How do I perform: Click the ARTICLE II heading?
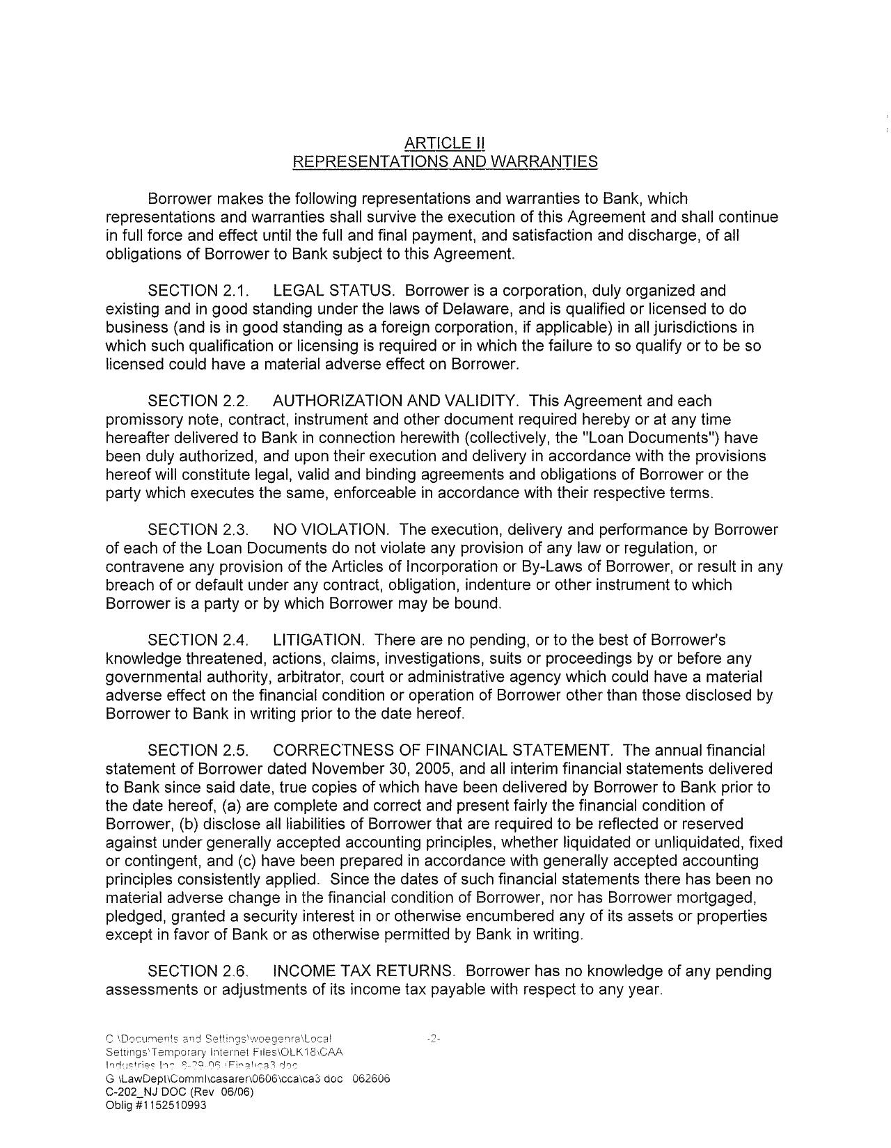pos(444,143)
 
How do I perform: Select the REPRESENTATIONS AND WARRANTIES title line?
pos(444,162)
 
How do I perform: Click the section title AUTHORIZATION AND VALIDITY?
pos(395,401)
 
